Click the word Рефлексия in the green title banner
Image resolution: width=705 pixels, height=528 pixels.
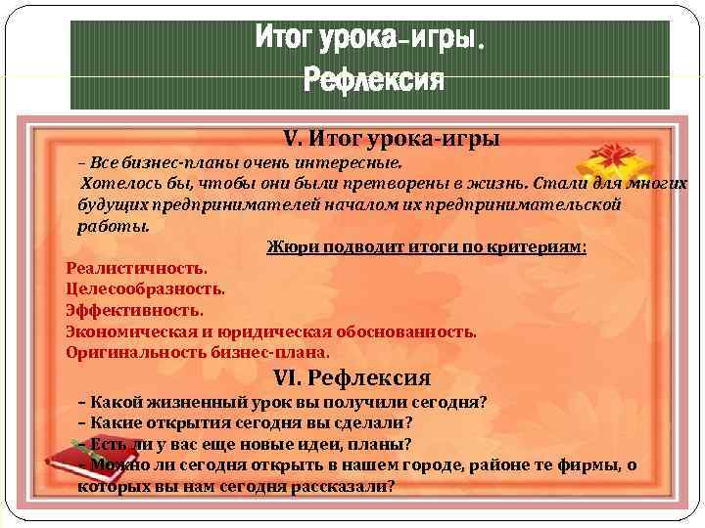pyautogui.click(x=373, y=78)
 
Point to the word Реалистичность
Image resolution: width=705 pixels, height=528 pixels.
pyautogui.click(x=136, y=267)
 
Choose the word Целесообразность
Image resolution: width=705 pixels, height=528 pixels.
pyautogui.click(x=145, y=288)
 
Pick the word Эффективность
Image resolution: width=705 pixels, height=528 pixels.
pyautogui.click(x=134, y=310)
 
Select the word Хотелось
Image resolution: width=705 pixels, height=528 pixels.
pyautogui.click(x=115, y=183)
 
